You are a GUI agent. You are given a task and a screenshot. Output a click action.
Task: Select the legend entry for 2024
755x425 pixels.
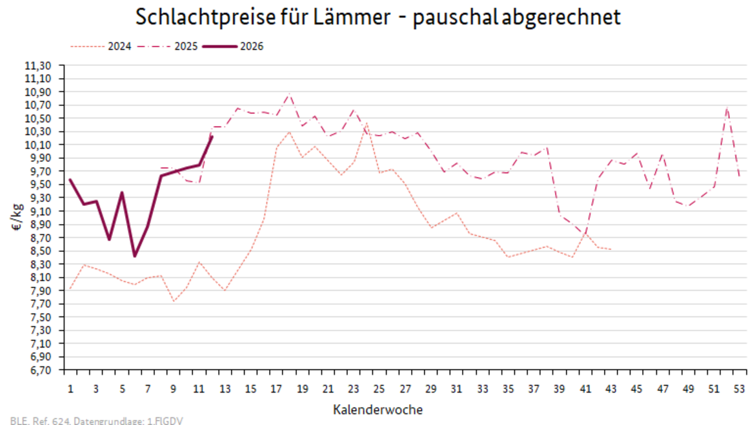tap(119, 47)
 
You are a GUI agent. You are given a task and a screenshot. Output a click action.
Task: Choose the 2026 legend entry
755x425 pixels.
tap(251, 47)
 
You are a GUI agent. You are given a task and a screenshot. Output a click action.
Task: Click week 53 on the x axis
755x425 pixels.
tap(740, 389)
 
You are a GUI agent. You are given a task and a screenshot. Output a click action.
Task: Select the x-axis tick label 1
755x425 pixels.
tap(70, 389)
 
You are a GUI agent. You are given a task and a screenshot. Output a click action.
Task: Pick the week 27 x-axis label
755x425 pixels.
tap(405, 389)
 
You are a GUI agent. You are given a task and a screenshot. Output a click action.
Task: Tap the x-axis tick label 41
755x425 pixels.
tap(585, 389)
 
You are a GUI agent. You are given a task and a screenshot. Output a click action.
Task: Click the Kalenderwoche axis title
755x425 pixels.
tap(378, 409)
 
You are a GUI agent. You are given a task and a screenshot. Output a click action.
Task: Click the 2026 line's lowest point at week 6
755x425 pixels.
tap(135, 256)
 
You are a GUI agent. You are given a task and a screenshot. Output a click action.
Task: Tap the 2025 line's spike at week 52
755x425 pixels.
tap(727, 108)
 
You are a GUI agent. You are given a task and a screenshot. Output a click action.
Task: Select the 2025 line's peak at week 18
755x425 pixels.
tap(289, 95)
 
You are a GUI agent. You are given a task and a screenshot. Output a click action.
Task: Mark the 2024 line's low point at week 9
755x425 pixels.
tap(174, 301)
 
